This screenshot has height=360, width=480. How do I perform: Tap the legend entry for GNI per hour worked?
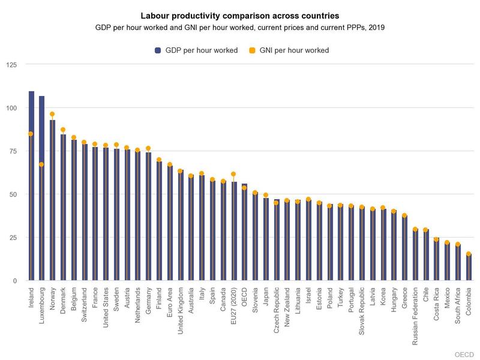point(292,50)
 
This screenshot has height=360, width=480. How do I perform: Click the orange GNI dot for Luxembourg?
point(42,164)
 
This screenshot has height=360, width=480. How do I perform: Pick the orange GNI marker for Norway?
point(53,114)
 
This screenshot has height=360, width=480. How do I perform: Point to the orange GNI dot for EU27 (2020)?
point(234,174)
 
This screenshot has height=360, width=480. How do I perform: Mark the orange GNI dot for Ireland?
point(31,134)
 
